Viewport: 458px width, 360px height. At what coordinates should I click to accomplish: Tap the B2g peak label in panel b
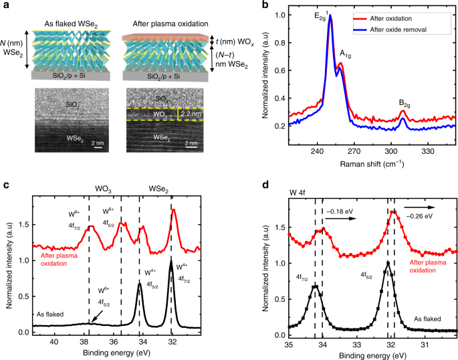(404, 102)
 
